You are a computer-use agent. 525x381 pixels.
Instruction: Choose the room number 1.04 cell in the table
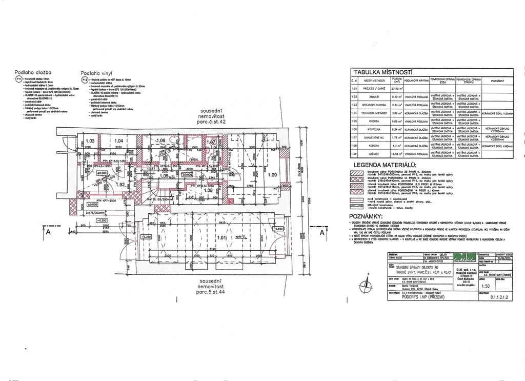[x=354, y=112]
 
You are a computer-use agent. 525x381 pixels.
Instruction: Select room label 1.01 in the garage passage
[x=222, y=238]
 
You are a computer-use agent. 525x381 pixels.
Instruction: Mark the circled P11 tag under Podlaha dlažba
[x=18, y=79]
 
